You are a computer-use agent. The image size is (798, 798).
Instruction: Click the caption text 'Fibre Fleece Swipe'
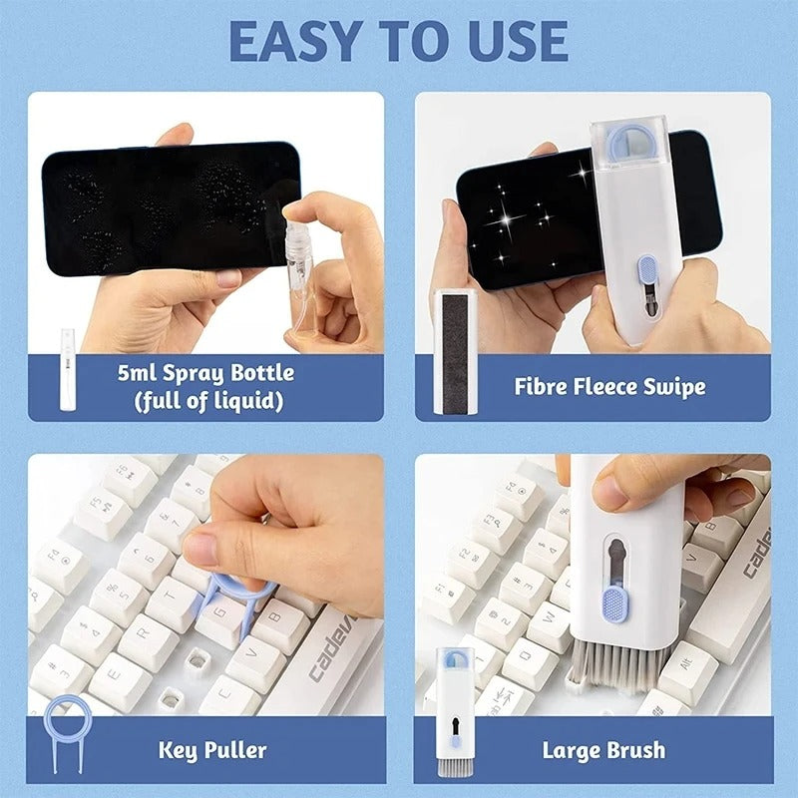[x=609, y=387]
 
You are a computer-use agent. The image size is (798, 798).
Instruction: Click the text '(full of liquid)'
[x=203, y=402]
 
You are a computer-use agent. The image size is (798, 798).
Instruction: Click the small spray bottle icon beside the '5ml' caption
[x=68, y=369]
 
